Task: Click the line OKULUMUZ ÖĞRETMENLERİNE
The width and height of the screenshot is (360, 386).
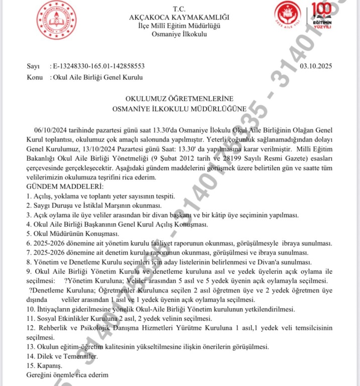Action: pyautogui.click(x=179, y=99)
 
